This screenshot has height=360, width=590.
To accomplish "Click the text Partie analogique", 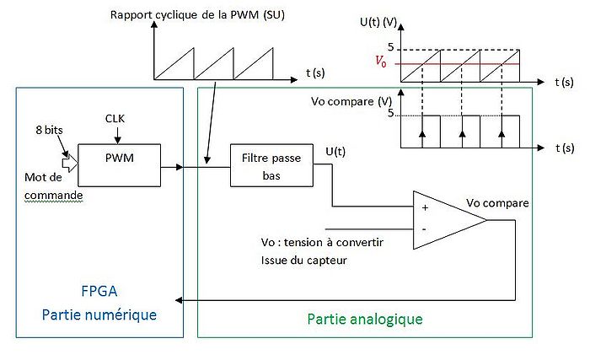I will coord(364,320).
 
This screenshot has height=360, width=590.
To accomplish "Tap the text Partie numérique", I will coord(99,314).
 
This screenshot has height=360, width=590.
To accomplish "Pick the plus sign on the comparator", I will coord(423,207).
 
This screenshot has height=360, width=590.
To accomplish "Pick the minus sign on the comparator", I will coord(423,228).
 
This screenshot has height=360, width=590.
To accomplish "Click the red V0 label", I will coord(383,62).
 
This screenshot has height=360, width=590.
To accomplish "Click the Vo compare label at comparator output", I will coord(496,203).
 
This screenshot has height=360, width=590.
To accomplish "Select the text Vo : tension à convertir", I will coord(322,242).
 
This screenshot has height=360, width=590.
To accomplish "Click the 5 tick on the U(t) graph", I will coord(389,47).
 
